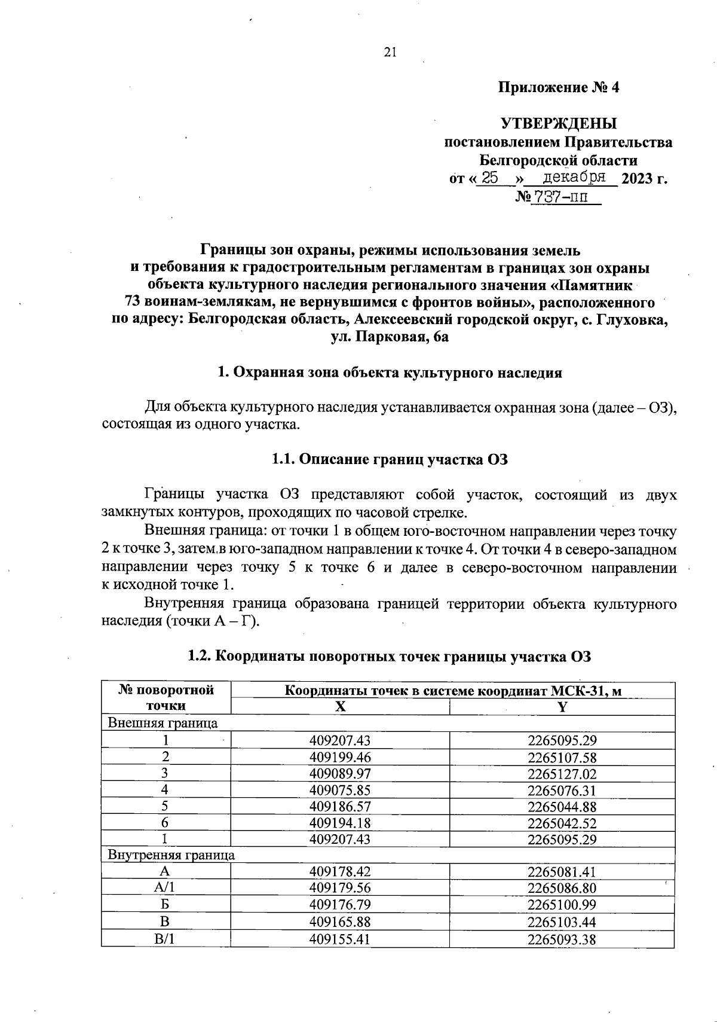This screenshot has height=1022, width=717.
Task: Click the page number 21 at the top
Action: (390, 53)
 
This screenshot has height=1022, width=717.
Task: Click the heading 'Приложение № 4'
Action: (559, 88)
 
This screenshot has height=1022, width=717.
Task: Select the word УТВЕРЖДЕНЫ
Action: (559, 124)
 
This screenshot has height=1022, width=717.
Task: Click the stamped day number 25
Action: (490, 178)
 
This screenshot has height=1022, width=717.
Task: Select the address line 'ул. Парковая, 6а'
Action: (390, 337)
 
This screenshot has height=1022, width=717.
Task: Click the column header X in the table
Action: (340, 706)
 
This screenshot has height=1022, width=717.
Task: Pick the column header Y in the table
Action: (562, 706)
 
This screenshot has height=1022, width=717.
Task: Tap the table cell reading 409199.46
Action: (340, 756)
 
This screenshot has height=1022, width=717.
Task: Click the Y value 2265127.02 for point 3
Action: (562, 773)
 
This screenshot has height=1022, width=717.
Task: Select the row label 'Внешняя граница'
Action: (163, 723)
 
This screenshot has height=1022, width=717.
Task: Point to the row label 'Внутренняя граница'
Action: (171, 855)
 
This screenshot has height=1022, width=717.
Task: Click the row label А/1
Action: (165, 888)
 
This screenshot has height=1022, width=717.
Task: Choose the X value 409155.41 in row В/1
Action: (340, 939)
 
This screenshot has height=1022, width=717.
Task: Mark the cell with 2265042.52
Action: (562, 823)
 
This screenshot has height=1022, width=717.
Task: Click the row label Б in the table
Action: (165, 905)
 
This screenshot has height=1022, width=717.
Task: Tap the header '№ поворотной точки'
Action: (166, 698)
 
